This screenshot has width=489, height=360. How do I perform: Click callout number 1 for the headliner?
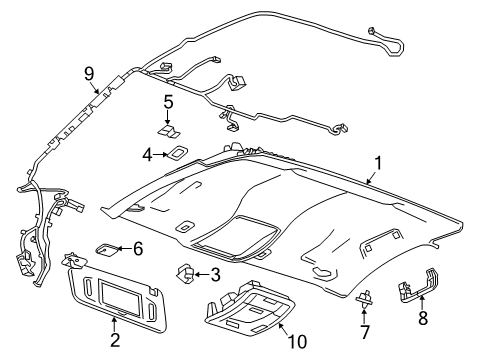tap(377, 163)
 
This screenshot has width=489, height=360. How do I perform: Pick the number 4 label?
tap(145, 154)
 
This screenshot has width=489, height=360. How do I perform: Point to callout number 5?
tap(169, 101)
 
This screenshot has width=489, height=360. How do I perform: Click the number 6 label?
tap(138, 248)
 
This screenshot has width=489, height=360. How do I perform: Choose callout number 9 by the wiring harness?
tap(89, 72)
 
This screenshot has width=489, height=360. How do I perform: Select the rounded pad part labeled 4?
tap(177, 153)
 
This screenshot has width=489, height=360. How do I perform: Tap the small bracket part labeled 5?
tap(168, 129)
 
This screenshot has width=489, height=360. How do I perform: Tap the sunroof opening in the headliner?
tap(234, 235)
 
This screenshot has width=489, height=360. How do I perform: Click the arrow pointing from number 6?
tap(125, 249)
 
